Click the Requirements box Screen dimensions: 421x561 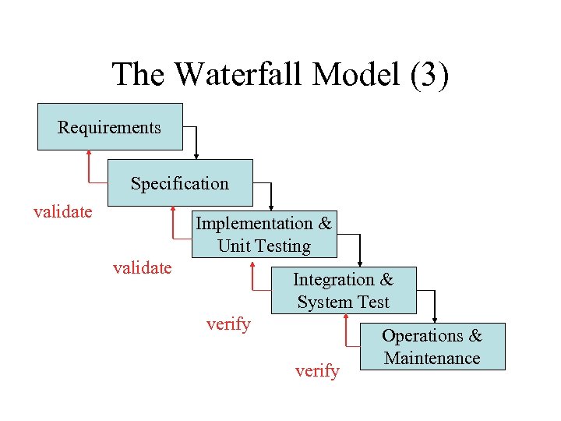click(110, 127)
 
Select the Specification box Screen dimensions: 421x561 click(180, 183)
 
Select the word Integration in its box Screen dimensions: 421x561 click(333, 279)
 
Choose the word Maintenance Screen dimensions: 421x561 click(432, 359)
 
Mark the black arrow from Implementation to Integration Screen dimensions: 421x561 click(359, 248)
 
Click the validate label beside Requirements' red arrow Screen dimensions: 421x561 click(63, 211)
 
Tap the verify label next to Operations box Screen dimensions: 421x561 click(317, 371)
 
